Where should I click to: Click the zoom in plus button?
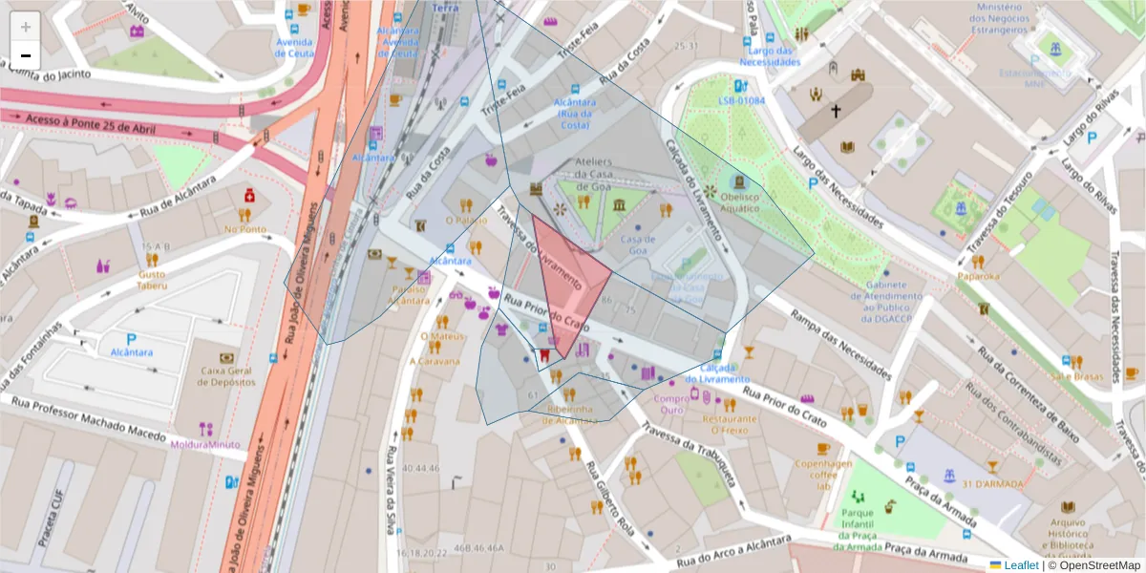pyautogui.click(x=26, y=27)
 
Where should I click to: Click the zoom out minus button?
pyautogui.click(x=26, y=55)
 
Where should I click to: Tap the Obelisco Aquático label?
pyautogui.click(x=741, y=202)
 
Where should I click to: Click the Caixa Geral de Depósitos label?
pyautogui.click(x=226, y=375)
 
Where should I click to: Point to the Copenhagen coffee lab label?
pyautogui.click(x=822, y=474)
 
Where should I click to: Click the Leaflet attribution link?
pyautogui.click(x=1021, y=565)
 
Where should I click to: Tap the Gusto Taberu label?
pyautogui.click(x=152, y=280)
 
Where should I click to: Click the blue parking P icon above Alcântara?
pyautogui.click(x=131, y=339)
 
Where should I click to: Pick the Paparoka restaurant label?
pyautogui.click(x=979, y=276)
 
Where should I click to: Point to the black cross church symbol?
pyautogui.click(x=836, y=112)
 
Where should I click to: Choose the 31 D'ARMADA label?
pyautogui.click(x=992, y=484)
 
